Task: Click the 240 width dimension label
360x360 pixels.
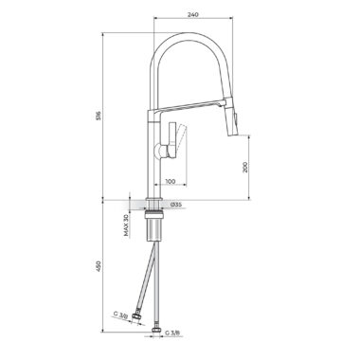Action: (x=192, y=14)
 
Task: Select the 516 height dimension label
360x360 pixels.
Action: (x=99, y=116)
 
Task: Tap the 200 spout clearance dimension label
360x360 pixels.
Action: (x=245, y=167)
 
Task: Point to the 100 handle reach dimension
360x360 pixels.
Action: (x=171, y=181)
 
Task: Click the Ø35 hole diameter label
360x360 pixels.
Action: (x=176, y=205)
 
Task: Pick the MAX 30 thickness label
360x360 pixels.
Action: (x=126, y=225)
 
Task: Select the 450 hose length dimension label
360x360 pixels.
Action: (x=99, y=266)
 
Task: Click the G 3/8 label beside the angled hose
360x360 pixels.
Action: (x=120, y=315)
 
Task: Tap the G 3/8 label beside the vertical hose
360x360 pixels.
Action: (x=172, y=333)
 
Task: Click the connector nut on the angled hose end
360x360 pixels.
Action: (x=137, y=317)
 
